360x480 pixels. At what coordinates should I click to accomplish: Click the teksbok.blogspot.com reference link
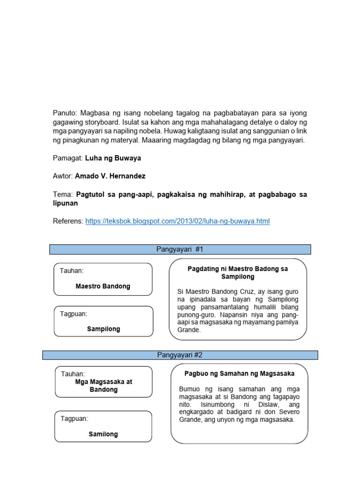(x=178, y=221)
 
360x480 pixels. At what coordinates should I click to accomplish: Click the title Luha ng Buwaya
(x=113, y=158)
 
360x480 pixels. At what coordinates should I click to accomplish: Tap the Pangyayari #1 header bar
(x=180, y=249)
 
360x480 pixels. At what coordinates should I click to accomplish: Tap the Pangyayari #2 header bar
(x=180, y=355)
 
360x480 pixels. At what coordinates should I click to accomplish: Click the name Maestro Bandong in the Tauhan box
(x=103, y=286)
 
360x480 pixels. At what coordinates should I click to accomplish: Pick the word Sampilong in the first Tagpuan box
(x=103, y=329)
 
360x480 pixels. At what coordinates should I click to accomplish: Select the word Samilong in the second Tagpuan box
(x=103, y=434)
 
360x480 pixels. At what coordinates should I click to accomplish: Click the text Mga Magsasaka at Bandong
(x=104, y=386)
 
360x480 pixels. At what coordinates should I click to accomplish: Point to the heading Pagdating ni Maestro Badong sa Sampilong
(x=238, y=273)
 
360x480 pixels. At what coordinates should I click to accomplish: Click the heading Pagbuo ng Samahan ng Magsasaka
(x=239, y=374)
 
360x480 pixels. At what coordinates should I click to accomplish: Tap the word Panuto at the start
(x=65, y=113)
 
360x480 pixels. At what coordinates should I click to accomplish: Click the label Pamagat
(x=67, y=158)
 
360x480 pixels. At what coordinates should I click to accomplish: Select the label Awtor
(x=63, y=176)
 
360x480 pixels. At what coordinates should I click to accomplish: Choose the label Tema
(x=62, y=195)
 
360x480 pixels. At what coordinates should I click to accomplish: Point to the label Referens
(x=68, y=221)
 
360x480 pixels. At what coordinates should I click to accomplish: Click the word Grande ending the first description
(x=188, y=330)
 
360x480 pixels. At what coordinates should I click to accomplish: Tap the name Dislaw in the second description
(x=266, y=405)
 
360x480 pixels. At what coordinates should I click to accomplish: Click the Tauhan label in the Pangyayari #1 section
(x=72, y=271)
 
